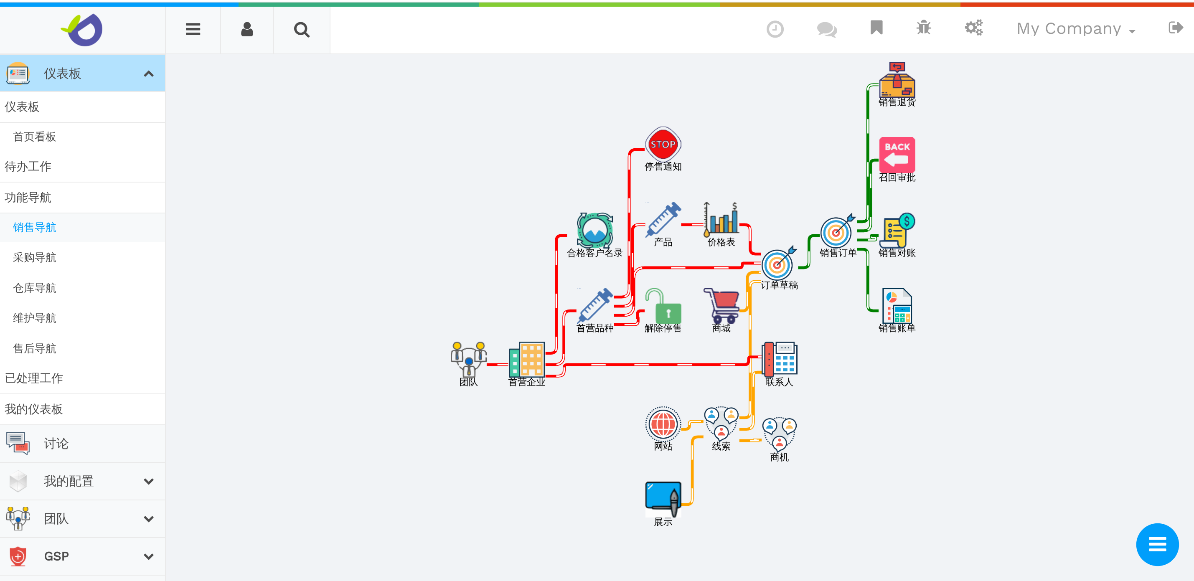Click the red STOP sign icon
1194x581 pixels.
coord(663,144)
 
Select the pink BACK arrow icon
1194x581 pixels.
coord(897,154)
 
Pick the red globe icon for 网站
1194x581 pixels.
coord(663,424)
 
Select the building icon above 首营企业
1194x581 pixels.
coord(526,360)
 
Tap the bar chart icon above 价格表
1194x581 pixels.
coord(721,219)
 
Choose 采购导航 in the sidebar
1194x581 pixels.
coord(35,258)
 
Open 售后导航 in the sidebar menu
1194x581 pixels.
coord(35,348)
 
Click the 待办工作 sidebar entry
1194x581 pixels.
coord(28,167)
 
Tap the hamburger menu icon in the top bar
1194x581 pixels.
coord(193,30)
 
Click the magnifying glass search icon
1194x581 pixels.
coord(301,30)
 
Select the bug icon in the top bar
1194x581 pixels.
coord(923,28)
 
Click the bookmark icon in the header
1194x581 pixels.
coord(876,28)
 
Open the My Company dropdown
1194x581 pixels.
coord(1075,29)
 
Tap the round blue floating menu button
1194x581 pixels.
coord(1157,544)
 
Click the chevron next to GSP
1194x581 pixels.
coord(148,556)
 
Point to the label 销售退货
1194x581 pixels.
coord(897,102)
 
